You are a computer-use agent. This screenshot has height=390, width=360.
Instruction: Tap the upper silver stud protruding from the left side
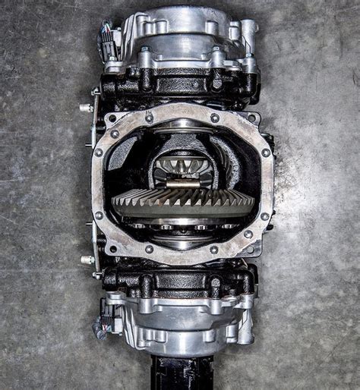[87, 107]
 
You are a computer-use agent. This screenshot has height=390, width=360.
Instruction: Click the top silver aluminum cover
[182, 30]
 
